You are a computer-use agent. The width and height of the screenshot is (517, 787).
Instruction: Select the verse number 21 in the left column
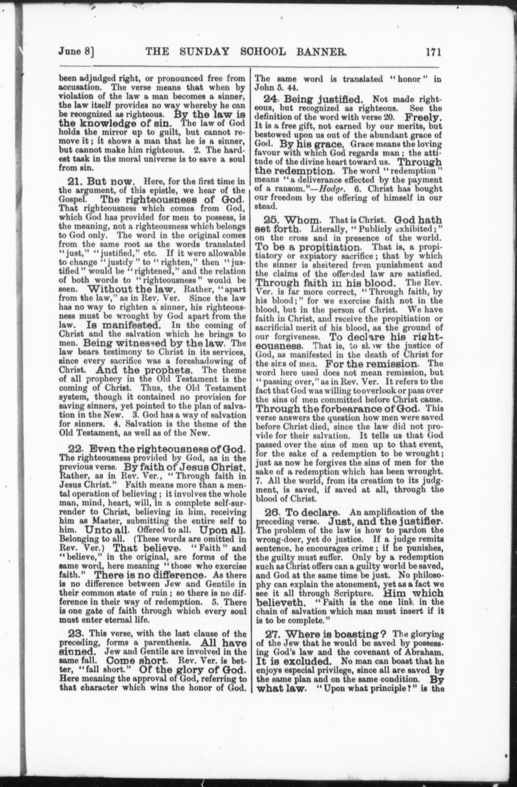(x=75, y=181)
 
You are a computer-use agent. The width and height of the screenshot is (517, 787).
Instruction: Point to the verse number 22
(x=76, y=449)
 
